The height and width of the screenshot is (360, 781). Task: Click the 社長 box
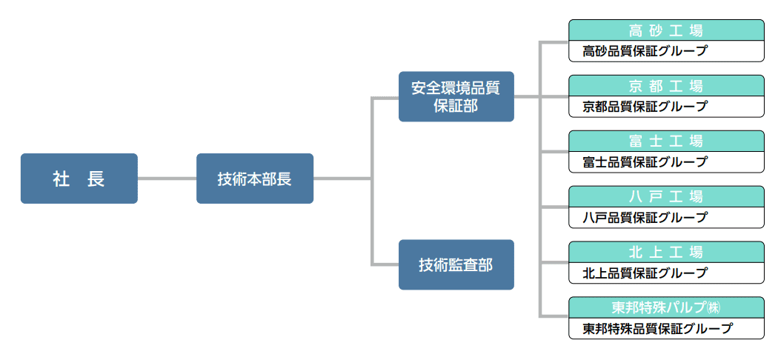coord(79,179)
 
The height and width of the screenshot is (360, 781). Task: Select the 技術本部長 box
coord(254,179)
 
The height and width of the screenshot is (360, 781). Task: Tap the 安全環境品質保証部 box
coord(456,96)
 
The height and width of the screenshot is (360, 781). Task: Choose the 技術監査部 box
coord(456,264)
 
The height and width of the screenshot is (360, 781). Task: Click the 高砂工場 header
coord(665,30)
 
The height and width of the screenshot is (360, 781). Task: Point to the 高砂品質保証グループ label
coord(645,51)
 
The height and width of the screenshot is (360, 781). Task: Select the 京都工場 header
coord(665,85)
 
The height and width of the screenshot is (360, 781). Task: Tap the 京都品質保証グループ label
coord(645,107)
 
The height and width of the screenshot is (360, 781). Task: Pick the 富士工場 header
coord(665,141)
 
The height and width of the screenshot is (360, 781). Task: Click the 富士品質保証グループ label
coord(645,161)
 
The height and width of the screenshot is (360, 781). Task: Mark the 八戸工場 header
coord(665,196)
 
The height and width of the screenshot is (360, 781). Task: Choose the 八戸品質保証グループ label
coord(645,217)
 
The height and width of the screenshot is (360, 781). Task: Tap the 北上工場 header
coord(665,252)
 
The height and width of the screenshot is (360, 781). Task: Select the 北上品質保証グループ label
coord(645,273)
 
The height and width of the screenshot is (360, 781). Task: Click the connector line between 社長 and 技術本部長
coord(167,179)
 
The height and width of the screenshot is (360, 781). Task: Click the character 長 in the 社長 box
coord(96,179)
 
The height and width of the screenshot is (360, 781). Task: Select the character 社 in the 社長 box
coord(61,179)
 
